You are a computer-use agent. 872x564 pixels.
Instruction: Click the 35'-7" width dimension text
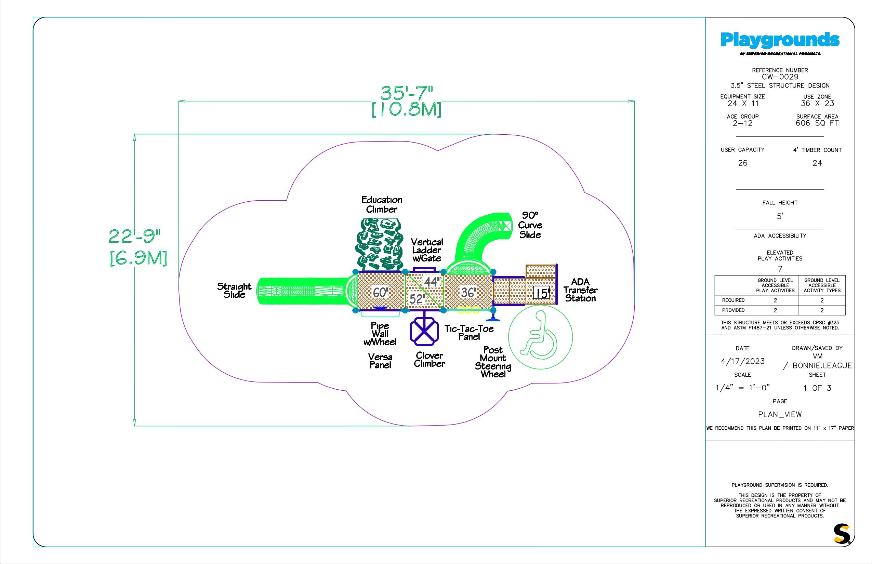406,93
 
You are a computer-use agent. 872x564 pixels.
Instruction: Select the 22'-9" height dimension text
135,236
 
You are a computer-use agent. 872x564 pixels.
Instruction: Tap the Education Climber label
381,204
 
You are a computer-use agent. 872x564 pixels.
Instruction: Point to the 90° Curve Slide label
530,225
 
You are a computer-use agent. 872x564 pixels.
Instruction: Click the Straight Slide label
234,291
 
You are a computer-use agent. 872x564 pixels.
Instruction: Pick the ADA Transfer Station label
580,290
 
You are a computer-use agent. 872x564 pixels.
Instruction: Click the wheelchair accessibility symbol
540,337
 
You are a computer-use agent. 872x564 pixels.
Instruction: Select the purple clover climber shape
424,333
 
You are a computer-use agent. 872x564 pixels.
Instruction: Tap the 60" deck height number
380,292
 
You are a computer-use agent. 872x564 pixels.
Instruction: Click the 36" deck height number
468,292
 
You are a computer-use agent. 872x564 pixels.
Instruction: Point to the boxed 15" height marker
542,293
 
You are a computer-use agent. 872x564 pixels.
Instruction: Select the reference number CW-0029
780,77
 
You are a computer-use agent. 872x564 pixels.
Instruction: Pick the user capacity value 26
742,163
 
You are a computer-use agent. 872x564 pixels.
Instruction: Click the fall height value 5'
780,216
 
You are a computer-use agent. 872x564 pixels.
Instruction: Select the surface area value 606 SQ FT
817,123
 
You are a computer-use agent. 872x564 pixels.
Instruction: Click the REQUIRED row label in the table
733,300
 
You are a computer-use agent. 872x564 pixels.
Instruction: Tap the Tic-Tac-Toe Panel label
469,333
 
